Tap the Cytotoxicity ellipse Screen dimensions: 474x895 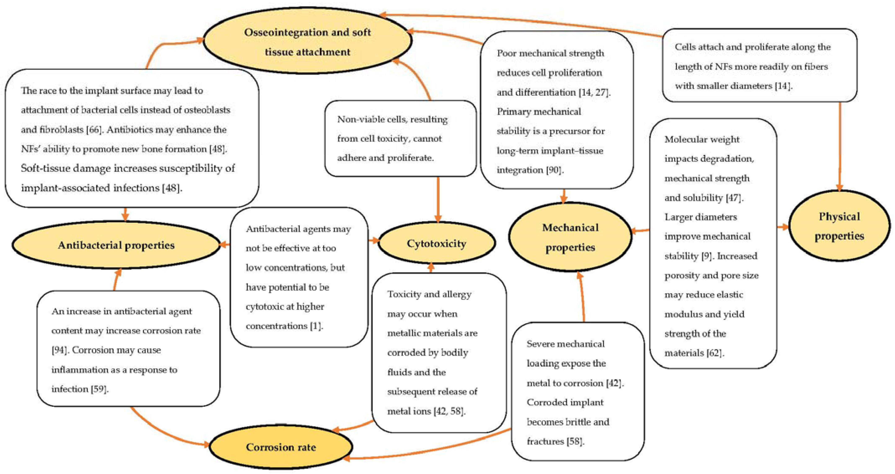(x=436, y=243)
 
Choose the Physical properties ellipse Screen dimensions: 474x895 (x=839, y=226)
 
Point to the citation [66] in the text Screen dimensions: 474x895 (x=93, y=130)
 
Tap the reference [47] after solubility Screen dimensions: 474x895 (x=734, y=198)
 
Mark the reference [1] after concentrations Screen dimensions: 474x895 (x=316, y=326)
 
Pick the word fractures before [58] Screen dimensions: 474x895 (x=545, y=441)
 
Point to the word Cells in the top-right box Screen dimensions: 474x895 (x=684, y=47)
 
